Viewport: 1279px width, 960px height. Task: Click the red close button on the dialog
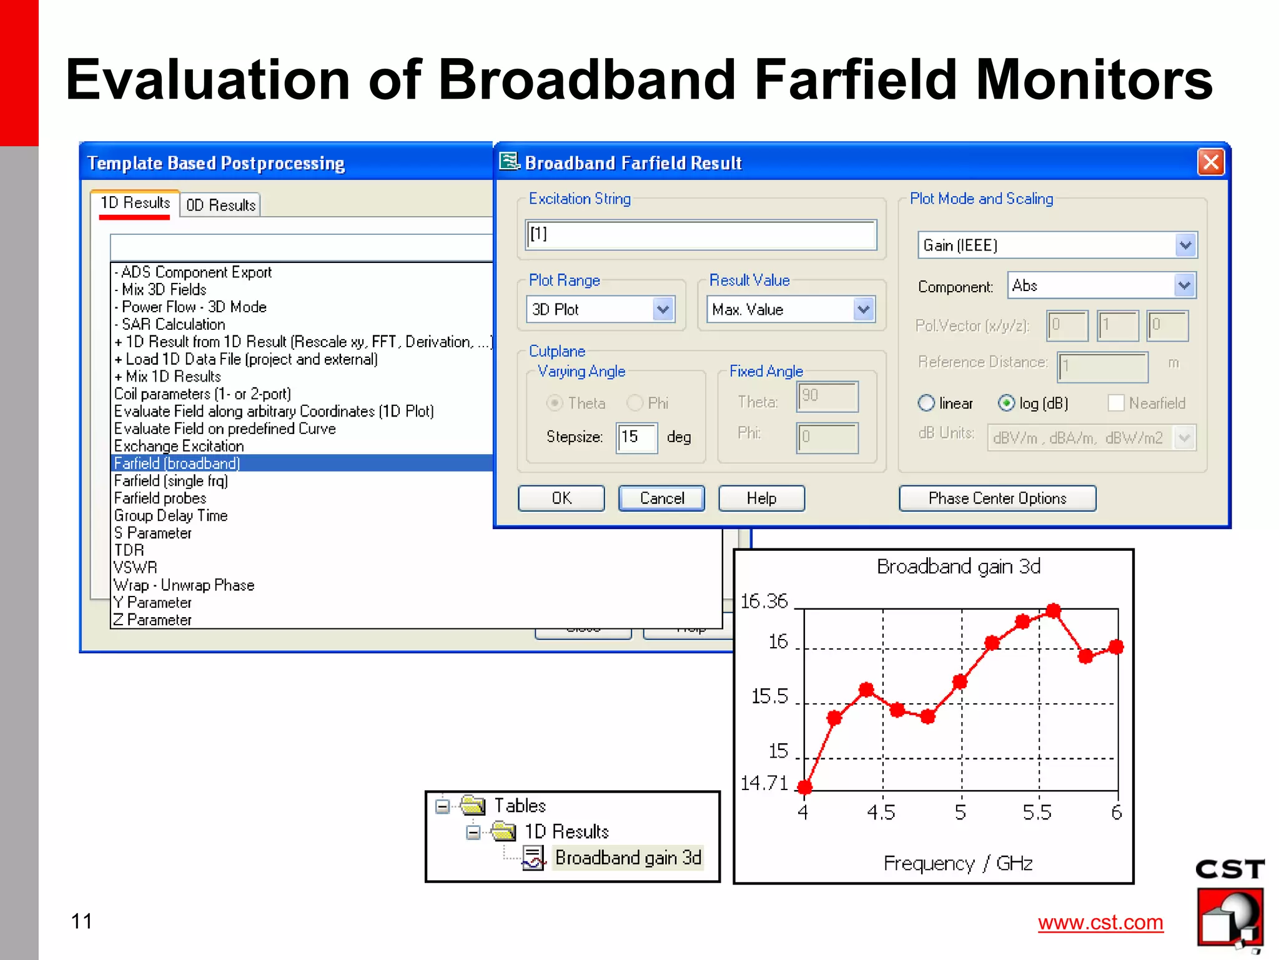point(1210,162)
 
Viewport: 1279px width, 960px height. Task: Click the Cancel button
point(661,498)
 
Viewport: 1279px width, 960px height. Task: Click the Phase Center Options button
point(997,498)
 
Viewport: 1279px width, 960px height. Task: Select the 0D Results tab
point(220,205)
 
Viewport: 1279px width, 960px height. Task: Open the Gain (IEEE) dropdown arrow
point(1185,245)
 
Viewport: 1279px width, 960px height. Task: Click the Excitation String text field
point(700,235)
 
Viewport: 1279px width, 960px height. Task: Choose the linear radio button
point(926,403)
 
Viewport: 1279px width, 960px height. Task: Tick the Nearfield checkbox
point(1115,403)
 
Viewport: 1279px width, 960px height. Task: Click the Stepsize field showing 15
point(636,437)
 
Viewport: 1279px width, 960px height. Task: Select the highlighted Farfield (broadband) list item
point(177,463)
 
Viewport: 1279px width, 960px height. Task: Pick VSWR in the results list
point(136,568)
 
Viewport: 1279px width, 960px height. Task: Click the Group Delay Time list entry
point(170,516)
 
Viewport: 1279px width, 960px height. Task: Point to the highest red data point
point(1054,610)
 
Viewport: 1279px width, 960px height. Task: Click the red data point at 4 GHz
point(804,787)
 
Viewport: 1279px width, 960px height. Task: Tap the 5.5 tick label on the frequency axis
point(1037,813)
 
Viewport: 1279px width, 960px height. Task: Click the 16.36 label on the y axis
point(764,601)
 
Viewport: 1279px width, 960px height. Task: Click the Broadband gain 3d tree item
point(628,858)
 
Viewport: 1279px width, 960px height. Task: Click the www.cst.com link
point(1100,923)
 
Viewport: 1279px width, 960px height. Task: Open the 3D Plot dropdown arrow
point(663,310)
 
